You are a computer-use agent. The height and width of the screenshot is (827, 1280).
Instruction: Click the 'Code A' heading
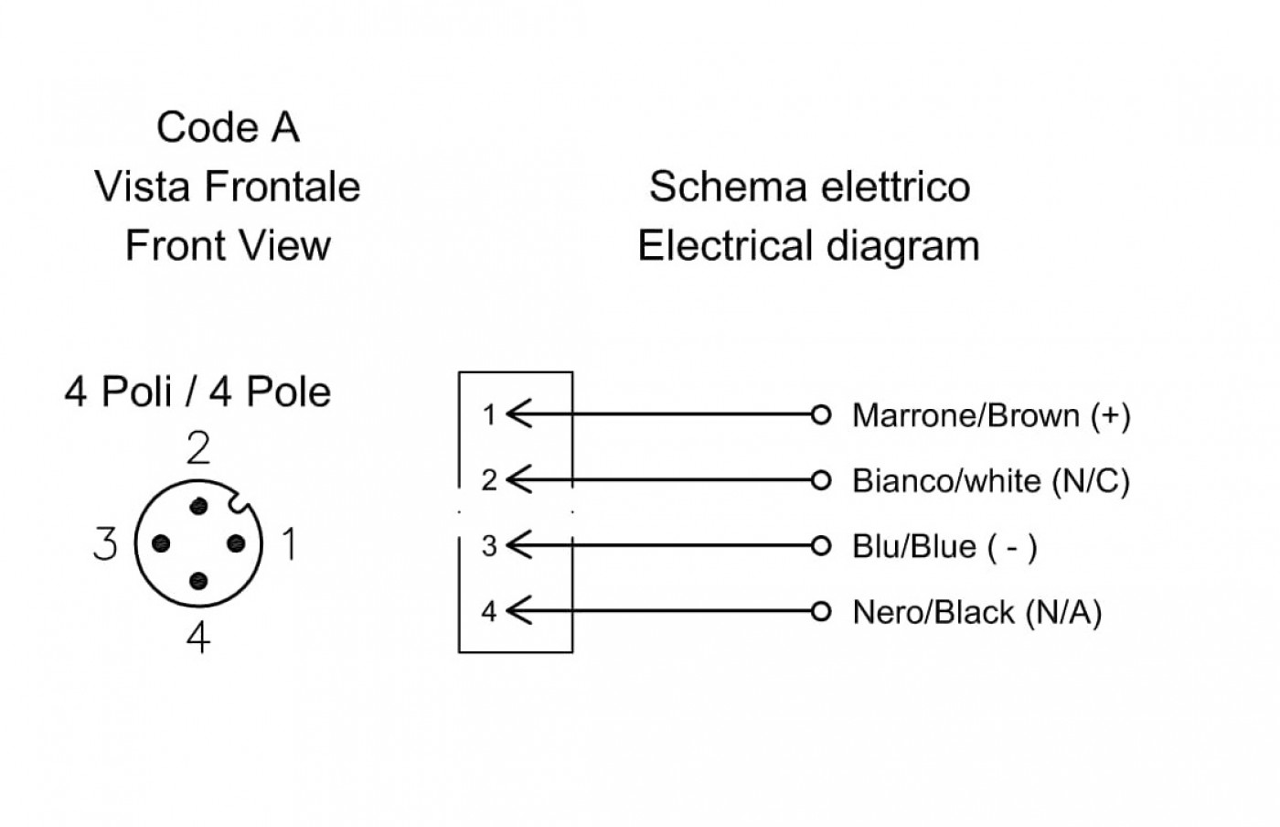click(228, 127)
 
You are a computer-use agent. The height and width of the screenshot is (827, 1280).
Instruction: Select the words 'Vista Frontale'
click(228, 187)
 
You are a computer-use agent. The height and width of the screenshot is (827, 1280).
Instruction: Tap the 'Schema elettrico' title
click(810, 187)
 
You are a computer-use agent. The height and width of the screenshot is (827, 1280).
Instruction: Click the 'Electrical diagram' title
click(808, 246)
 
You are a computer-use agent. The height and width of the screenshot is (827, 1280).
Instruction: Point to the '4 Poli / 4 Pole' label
click(197, 392)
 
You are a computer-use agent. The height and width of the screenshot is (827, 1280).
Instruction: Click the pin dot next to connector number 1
click(236, 543)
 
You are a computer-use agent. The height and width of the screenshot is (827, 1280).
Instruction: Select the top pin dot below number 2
click(198, 506)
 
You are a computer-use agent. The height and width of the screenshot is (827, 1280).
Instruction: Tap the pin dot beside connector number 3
click(161, 543)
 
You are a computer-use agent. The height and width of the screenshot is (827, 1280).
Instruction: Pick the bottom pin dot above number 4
click(198, 581)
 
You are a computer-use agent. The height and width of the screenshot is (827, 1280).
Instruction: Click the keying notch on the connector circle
click(239, 503)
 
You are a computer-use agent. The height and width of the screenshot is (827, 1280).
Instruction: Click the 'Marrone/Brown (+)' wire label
click(991, 415)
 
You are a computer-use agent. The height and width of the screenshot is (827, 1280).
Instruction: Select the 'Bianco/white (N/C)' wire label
click(991, 480)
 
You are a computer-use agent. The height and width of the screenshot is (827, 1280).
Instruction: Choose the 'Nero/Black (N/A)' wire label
click(977, 612)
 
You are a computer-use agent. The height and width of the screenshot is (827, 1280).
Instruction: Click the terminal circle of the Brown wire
click(821, 414)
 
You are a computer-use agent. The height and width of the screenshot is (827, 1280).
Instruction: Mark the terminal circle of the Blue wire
click(821, 545)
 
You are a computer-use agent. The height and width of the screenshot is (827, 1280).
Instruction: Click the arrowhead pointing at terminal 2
click(519, 479)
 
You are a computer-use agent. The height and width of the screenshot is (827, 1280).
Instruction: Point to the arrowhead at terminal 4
click(519, 611)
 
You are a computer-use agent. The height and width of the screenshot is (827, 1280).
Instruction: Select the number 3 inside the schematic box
click(489, 546)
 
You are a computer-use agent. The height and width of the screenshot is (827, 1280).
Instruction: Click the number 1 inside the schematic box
click(489, 415)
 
